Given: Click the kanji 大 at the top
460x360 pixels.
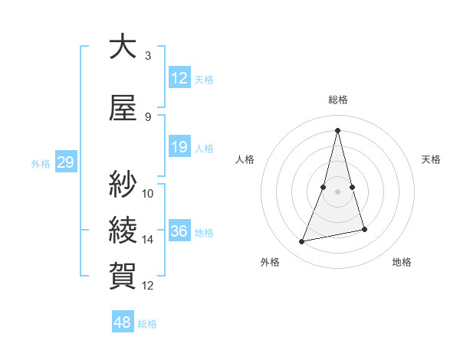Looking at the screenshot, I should [x=123, y=47].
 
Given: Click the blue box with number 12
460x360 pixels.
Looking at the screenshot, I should [x=179, y=78].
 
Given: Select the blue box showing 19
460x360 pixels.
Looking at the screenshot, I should [x=179, y=147].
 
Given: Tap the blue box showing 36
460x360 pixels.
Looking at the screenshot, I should [x=179, y=231].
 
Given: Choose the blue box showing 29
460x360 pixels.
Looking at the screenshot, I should [x=65, y=162].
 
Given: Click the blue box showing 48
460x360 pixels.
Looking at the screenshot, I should [x=123, y=322].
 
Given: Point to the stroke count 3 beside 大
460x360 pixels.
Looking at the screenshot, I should [x=148, y=56].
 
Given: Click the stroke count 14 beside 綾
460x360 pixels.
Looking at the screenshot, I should [x=148, y=240].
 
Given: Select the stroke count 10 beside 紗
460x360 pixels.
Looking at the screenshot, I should [x=148, y=193].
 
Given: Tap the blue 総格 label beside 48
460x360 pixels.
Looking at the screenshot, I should [x=147, y=324].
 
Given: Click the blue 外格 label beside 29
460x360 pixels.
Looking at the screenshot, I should [x=41, y=163].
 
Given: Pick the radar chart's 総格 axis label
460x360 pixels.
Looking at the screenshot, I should [x=337, y=100].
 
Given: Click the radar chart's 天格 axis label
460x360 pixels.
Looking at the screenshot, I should [x=432, y=159].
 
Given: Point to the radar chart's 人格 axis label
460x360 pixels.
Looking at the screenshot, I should [x=245, y=159].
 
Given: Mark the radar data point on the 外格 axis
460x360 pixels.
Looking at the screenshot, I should [x=302, y=242].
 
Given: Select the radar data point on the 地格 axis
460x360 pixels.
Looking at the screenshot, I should [x=365, y=230].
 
